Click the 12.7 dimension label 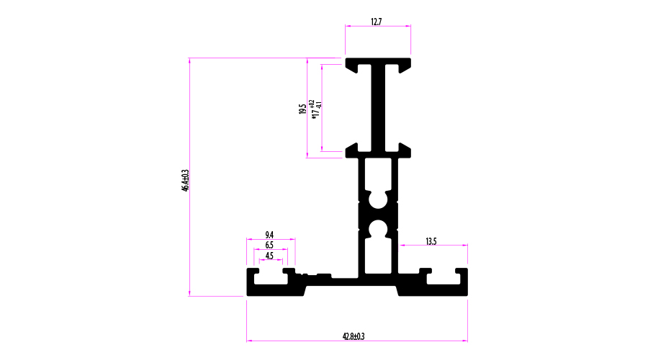[x=376, y=22]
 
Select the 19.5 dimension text [x=302, y=109]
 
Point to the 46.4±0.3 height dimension [x=185, y=180]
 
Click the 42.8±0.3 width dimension [x=354, y=336]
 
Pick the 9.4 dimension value [x=269, y=235]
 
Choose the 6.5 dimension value [x=269, y=245]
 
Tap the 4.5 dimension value [x=269, y=256]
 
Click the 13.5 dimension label [x=431, y=241]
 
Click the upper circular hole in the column [x=378, y=199]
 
